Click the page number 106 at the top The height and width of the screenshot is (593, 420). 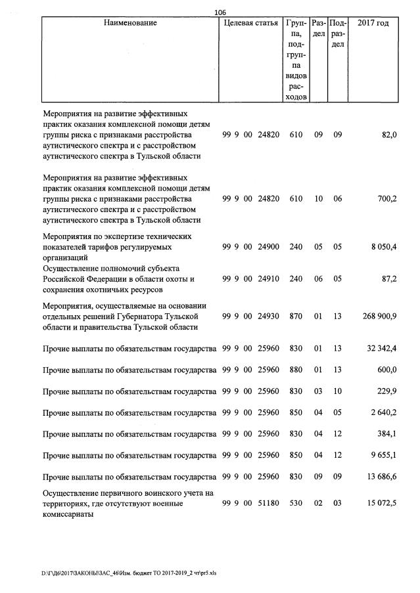[220, 11]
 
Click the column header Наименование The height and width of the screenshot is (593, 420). [130, 23]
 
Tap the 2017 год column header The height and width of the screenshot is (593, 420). [373, 23]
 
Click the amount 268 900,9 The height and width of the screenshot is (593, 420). [379, 317]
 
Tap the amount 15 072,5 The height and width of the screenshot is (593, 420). [381, 503]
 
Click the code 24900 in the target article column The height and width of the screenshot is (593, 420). [269, 247]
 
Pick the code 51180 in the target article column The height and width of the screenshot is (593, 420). [269, 503]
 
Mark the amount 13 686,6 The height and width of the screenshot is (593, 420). [381, 476]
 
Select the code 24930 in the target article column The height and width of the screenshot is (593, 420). [269, 317]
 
